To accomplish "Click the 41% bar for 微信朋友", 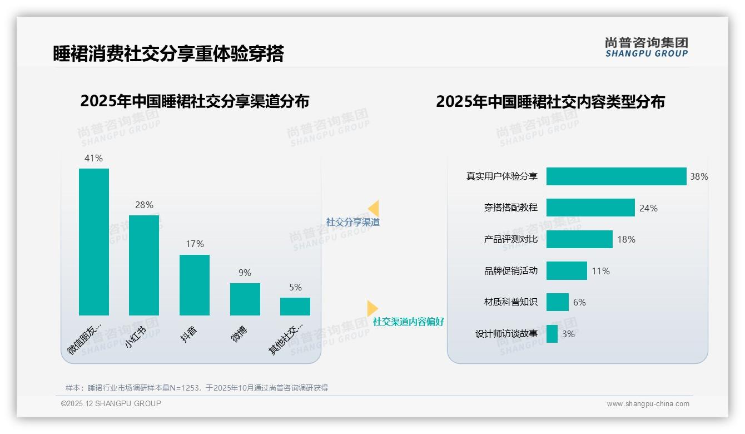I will [94, 242].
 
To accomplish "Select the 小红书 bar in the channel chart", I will [144, 265].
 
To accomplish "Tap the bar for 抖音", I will [195, 285].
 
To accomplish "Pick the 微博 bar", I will [245, 299].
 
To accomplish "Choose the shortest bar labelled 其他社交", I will [295, 307].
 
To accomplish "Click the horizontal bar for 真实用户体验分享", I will [616, 176].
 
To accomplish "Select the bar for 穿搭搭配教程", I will [590, 208].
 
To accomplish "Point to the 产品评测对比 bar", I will [579, 239].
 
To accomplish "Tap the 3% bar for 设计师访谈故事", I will [552, 334].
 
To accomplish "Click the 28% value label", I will [144, 205].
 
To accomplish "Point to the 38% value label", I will [699, 177].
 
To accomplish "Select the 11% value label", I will [600, 271].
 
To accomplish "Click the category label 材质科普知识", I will [511, 302].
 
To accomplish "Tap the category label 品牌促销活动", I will [511, 271].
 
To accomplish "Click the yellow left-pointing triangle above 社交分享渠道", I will [374, 209].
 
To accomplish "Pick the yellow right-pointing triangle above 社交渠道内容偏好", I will [372, 308].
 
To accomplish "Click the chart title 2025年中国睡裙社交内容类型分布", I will [550, 102].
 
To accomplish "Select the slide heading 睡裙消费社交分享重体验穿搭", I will [168, 54].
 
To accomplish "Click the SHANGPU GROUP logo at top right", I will [647, 47].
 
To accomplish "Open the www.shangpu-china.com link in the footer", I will [648, 404].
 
